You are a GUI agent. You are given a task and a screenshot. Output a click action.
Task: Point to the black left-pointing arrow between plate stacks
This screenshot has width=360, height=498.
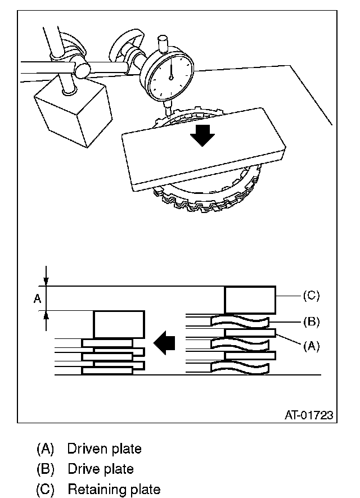click(x=165, y=343)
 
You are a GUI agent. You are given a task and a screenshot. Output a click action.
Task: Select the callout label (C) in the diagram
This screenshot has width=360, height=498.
click(x=310, y=295)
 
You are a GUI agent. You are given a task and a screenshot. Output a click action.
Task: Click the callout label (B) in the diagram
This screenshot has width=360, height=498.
click(x=310, y=322)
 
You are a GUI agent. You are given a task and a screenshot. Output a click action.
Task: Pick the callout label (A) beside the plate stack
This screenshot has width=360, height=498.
click(x=310, y=346)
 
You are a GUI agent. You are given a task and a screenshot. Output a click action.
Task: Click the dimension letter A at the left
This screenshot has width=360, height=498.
click(x=37, y=298)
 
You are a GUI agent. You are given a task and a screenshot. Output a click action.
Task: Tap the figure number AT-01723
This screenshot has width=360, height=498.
click(x=308, y=415)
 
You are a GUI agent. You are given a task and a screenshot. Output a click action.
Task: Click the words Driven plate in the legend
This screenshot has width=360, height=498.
click(x=104, y=449)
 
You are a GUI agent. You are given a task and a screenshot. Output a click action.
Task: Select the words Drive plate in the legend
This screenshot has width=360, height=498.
click(x=101, y=469)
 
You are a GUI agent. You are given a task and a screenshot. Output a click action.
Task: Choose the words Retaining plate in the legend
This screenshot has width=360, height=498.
click(x=114, y=489)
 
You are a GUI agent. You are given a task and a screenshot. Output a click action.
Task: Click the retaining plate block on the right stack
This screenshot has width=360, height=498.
click(x=250, y=300)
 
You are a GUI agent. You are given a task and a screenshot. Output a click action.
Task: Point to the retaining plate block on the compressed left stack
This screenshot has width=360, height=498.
click(x=119, y=324)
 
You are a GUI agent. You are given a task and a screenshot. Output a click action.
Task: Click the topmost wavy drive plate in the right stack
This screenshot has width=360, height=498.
click(x=240, y=322)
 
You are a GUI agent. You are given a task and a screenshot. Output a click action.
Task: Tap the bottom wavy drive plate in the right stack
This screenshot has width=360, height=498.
click(x=240, y=368)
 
